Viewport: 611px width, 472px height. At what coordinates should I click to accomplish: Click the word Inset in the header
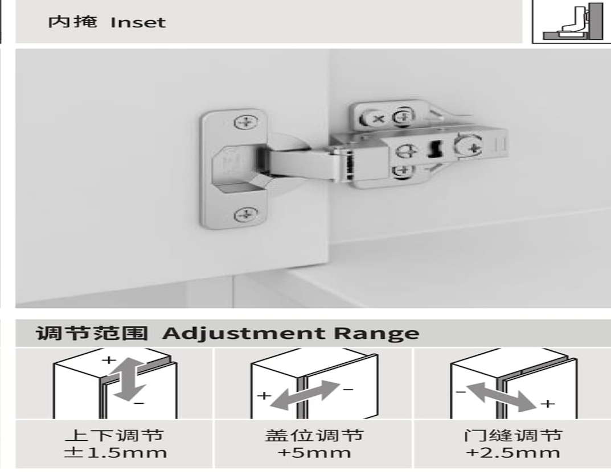(x=138, y=23)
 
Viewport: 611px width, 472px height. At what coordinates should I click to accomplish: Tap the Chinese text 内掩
(x=72, y=23)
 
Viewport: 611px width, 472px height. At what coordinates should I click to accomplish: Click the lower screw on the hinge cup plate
(x=246, y=215)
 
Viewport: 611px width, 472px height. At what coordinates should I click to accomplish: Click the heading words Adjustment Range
(x=290, y=333)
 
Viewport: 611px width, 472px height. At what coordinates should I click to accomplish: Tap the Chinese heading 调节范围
(x=92, y=333)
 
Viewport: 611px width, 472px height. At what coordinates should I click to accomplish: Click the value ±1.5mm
(x=115, y=453)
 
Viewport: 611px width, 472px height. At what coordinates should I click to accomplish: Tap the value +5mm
(x=314, y=453)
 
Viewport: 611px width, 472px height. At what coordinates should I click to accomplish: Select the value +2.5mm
(x=512, y=453)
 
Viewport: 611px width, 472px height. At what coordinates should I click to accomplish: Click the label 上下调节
(x=114, y=436)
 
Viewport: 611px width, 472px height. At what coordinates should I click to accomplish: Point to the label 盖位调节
(x=314, y=436)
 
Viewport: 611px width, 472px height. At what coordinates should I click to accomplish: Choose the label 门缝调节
(x=512, y=436)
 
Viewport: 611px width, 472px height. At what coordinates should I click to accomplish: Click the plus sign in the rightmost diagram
(x=547, y=404)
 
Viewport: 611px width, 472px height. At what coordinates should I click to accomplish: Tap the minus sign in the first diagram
(x=140, y=403)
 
